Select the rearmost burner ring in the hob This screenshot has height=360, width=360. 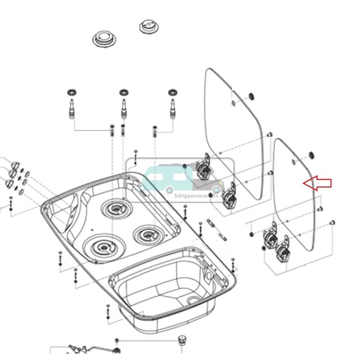point(114,208)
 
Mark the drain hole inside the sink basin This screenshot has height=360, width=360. point(193,300)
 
